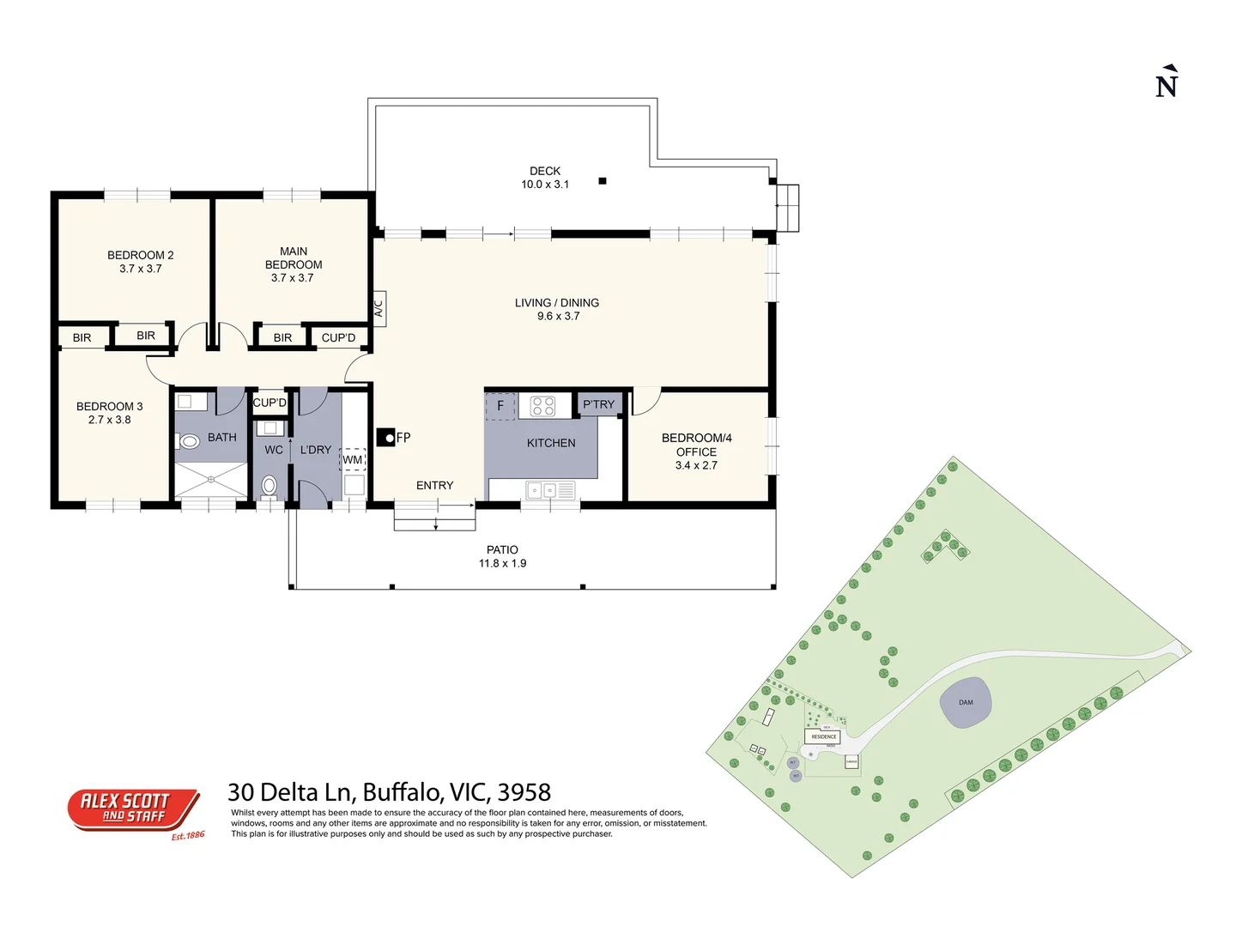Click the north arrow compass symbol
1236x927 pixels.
click(x=1166, y=82)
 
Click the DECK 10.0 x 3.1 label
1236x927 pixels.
click(x=545, y=178)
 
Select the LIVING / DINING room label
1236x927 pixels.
click(x=557, y=309)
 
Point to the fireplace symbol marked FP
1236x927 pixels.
click(x=387, y=438)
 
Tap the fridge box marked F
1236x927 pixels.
click(x=500, y=406)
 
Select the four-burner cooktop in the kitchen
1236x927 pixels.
click(x=542, y=406)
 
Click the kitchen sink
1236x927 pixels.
click(x=541, y=491)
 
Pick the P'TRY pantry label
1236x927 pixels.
click(x=598, y=404)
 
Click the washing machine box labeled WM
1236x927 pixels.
click(x=353, y=460)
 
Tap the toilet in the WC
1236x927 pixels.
click(x=270, y=487)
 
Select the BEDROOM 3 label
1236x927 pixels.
click(x=109, y=413)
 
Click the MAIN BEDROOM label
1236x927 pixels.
click(x=294, y=264)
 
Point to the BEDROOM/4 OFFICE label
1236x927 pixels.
click(x=696, y=451)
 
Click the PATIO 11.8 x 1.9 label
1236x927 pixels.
click(x=502, y=556)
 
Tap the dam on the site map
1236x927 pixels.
click(x=966, y=703)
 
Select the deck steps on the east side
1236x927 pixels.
click(x=788, y=208)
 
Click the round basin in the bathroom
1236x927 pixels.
click(x=190, y=442)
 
